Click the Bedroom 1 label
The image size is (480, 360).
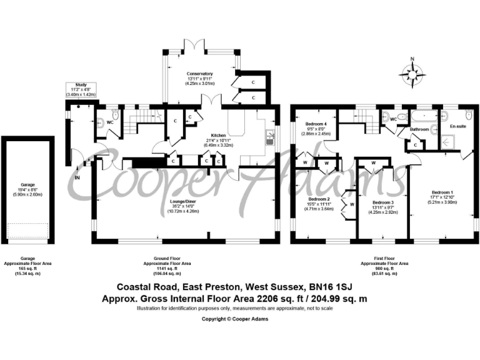click(442, 192)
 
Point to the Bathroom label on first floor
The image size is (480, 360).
click(419, 129)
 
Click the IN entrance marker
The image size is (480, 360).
click(77, 177)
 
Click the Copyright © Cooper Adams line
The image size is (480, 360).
click(240, 318)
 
